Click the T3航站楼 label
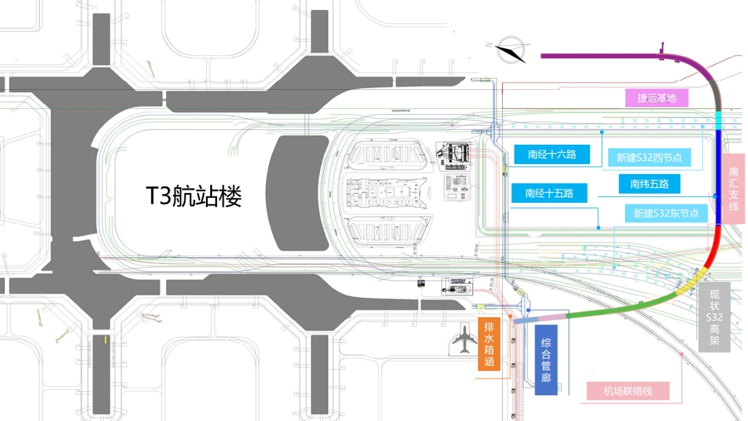click(x=194, y=197)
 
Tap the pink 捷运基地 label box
click(x=657, y=98)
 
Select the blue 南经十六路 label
click(x=551, y=155)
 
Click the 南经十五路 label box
click(x=549, y=194)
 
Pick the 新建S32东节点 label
click(x=666, y=214)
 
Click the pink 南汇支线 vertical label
click(x=733, y=189)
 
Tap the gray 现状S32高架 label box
click(x=715, y=318)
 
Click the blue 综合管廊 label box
click(x=546, y=360)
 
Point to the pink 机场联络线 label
click(x=627, y=391)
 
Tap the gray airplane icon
click(x=463, y=339)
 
